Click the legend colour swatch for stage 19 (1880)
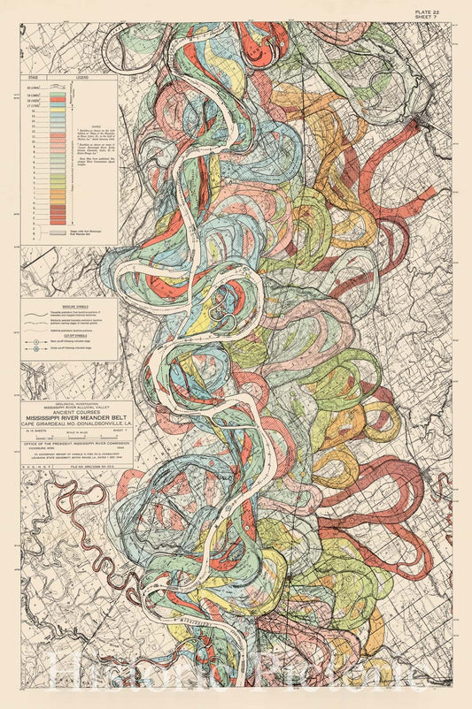[58, 97]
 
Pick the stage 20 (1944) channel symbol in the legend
[58, 89]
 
